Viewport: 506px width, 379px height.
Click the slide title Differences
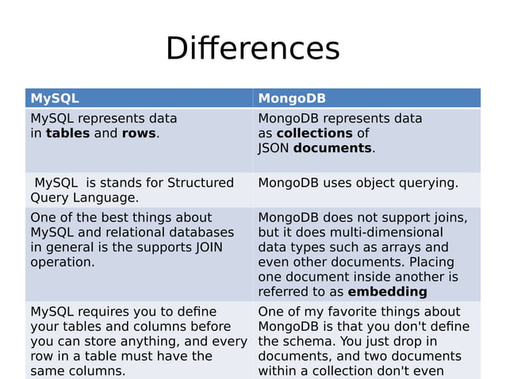click(x=252, y=48)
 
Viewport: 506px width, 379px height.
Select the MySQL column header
click(x=54, y=98)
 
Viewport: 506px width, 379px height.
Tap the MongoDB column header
click(x=292, y=98)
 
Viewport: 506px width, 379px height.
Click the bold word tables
click(x=68, y=133)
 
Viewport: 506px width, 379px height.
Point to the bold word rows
click(x=139, y=133)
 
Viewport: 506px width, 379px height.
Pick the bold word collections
click(x=314, y=133)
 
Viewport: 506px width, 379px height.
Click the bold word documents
click(x=332, y=148)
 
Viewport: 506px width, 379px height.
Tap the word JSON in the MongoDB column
click(x=274, y=148)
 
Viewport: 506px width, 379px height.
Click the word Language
click(x=109, y=198)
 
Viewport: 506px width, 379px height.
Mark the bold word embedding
click(x=387, y=292)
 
